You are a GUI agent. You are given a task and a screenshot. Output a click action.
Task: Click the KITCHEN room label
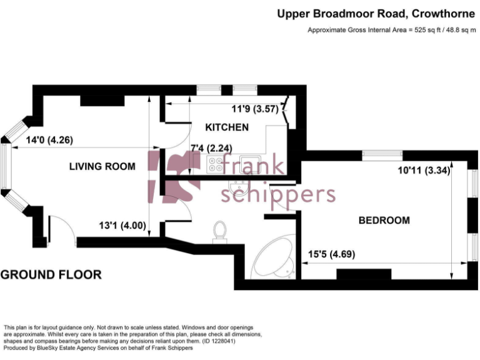click(x=227, y=127)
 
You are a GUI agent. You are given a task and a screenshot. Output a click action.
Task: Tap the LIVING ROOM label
click(x=102, y=166)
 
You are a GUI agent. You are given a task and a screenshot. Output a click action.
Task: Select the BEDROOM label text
click(x=384, y=220)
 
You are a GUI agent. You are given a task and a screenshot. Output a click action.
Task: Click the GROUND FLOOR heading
click(x=51, y=274)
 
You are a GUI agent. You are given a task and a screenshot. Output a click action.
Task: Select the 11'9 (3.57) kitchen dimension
click(x=254, y=108)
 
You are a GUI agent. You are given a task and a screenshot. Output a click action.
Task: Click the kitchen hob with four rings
click(x=216, y=164)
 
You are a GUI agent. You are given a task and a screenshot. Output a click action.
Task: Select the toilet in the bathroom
click(x=220, y=230)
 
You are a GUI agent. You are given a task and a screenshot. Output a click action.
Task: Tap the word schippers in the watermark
click(x=279, y=194)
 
